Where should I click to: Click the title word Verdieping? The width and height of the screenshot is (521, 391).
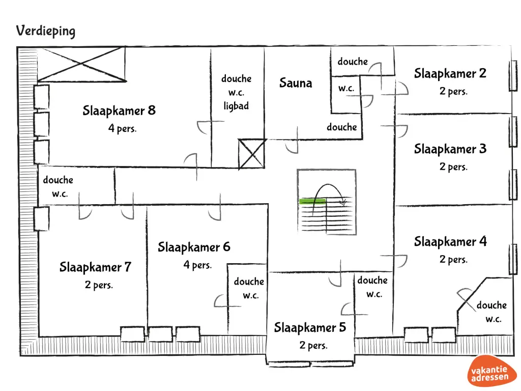(x=45, y=31)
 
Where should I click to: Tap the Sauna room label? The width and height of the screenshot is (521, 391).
(x=295, y=83)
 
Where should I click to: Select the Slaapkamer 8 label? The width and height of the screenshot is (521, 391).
(x=119, y=110)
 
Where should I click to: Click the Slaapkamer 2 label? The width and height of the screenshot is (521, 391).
(x=450, y=73)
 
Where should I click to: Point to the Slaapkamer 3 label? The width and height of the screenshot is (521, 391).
(x=450, y=149)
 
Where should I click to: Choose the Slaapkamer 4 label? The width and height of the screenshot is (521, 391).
(x=450, y=241)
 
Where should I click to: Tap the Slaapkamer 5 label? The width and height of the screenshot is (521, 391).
(x=310, y=327)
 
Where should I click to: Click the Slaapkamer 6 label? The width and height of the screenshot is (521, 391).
(x=194, y=247)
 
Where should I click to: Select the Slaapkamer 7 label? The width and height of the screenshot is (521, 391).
(x=95, y=267)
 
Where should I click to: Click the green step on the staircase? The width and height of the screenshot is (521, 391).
(x=312, y=202)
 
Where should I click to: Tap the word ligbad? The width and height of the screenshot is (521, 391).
(x=236, y=106)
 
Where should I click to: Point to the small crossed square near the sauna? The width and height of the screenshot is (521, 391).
(x=251, y=154)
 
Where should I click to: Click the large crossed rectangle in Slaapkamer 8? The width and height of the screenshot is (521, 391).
(x=82, y=64)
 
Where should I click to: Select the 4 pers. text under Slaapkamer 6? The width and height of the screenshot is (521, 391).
(x=197, y=265)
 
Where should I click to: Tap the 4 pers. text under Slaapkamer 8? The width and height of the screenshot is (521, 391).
(x=122, y=129)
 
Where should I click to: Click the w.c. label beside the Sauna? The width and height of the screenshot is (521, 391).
(x=346, y=89)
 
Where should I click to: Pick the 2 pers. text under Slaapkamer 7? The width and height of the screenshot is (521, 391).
(x=99, y=285)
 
